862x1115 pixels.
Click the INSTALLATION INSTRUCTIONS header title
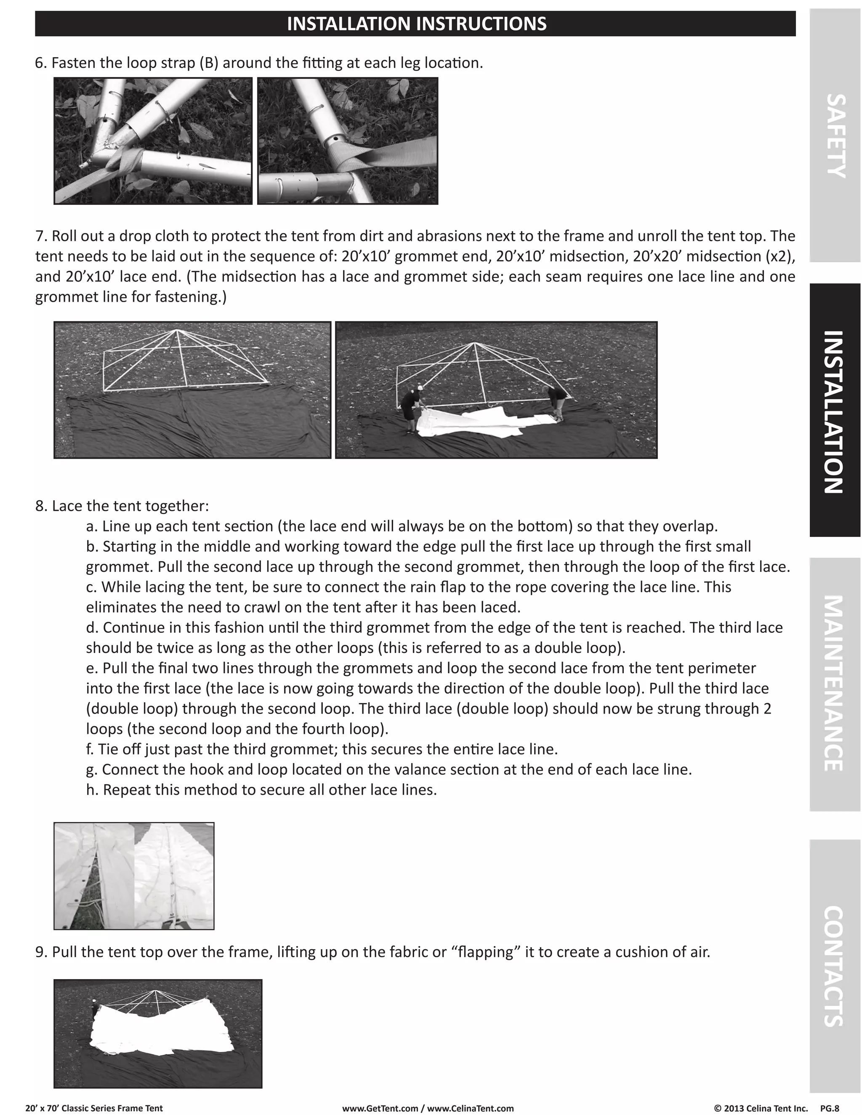(x=416, y=24)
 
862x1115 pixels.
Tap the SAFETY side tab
(x=835, y=136)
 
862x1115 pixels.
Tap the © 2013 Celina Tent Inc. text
(x=761, y=1108)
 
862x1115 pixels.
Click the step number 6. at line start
(x=41, y=63)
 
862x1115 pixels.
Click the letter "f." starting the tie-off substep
(x=90, y=749)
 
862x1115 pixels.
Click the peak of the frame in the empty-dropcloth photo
(x=176, y=330)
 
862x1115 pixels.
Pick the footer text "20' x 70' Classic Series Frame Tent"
(x=94, y=1108)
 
